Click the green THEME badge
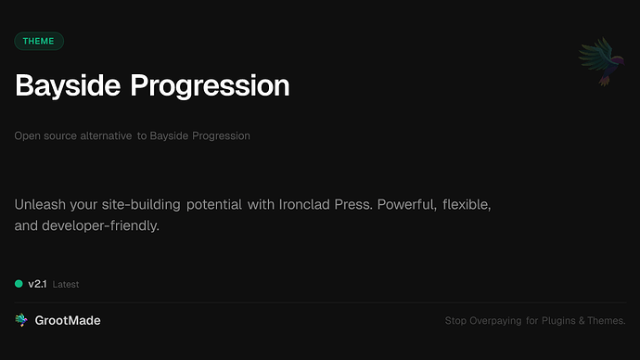pyautogui.click(x=39, y=41)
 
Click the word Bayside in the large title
pyautogui.click(x=68, y=85)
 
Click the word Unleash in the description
pyautogui.click(x=40, y=203)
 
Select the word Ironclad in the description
pyautogui.click(x=303, y=203)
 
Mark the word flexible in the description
pyautogui.click(x=474, y=203)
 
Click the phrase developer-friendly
pyautogui.click(x=101, y=225)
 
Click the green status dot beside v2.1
pyautogui.click(x=19, y=284)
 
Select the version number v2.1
pyautogui.click(x=37, y=284)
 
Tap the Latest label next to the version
pyautogui.click(x=66, y=285)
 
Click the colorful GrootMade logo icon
pyautogui.click(x=20, y=320)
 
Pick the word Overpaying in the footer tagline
pyautogui.click(x=501, y=321)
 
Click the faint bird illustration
pyautogui.click(x=597, y=63)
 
